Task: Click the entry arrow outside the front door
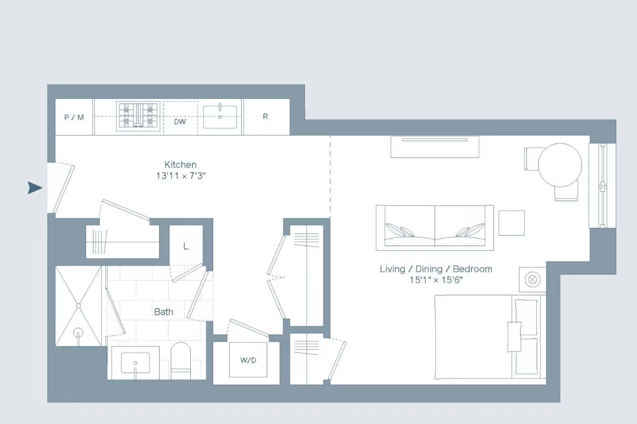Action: pos(35,188)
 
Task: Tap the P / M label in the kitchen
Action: pos(74,117)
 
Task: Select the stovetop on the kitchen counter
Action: pos(138,116)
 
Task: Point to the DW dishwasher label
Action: pos(180,122)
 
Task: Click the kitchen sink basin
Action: pos(220,117)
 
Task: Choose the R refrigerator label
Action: pos(265,117)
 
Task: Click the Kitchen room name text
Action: pos(180,165)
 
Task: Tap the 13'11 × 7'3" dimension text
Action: pos(181,176)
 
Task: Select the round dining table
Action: pos(560,165)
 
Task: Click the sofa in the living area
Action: pos(435,228)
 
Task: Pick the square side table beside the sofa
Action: pos(512,223)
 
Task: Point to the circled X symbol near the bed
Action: pos(533,279)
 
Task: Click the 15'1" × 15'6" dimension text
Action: pos(436,280)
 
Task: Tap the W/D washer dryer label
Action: pos(248,360)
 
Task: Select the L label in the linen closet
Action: pos(186,246)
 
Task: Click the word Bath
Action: pos(163,312)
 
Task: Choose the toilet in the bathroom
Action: pos(180,361)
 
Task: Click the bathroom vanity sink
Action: pos(135,363)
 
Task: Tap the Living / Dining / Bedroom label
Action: pos(436,269)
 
